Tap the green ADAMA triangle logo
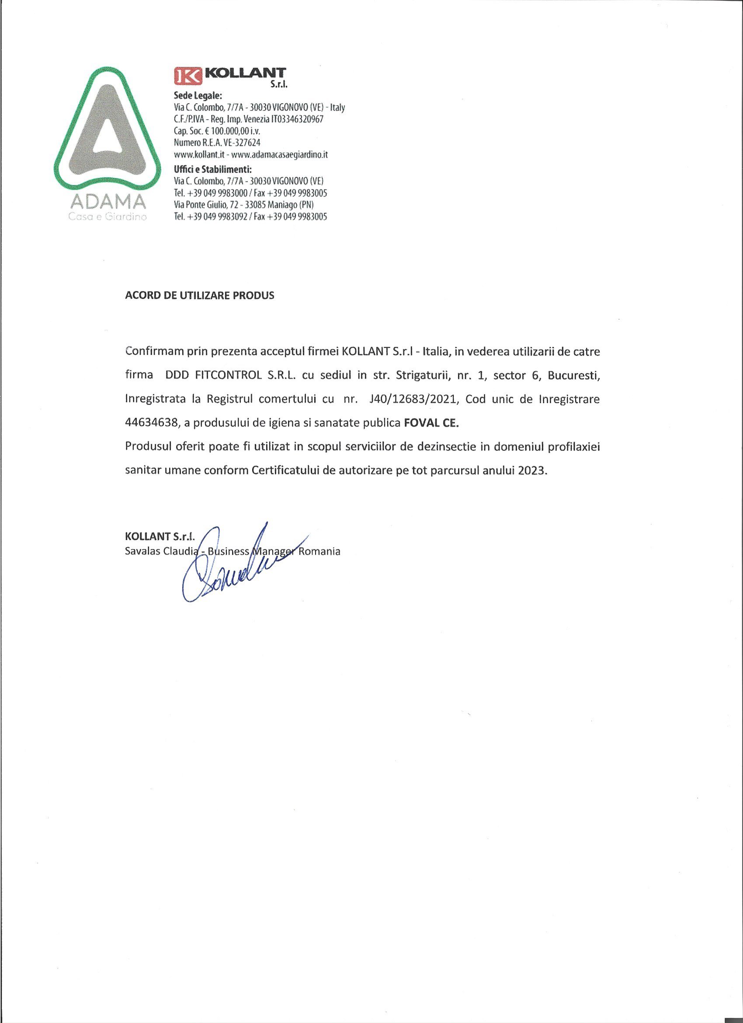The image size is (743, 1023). coord(106,131)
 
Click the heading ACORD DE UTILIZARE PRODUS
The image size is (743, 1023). coord(199,296)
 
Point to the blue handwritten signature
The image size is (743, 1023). coord(234,566)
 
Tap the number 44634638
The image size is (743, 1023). coord(149,423)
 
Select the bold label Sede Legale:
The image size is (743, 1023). coord(198,96)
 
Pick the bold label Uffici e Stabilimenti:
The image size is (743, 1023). coord(212,170)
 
